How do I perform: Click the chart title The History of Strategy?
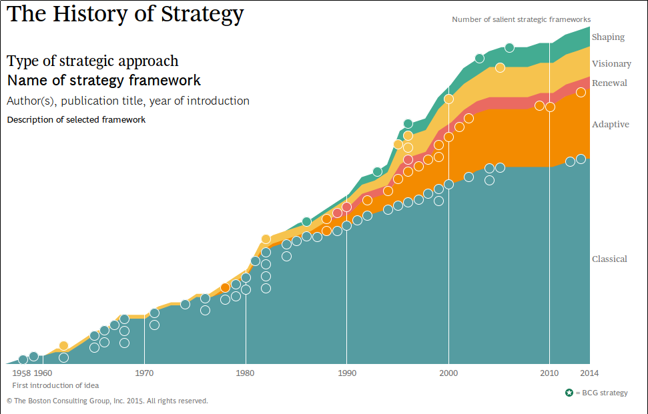(x=125, y=14)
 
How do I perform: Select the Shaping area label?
(x=608, y=37)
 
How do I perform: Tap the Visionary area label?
(x=611, y=64)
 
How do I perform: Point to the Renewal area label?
(x=609, y=83)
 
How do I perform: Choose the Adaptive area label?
(x=610, y=125)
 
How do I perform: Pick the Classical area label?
(x=609, y=259)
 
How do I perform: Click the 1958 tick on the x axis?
(x=21, y=373)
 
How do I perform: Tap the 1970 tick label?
(x=144, y=373)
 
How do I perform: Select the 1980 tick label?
(x=246, y=373)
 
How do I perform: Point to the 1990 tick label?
(x=346, y=373)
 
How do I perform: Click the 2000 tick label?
(x=448, y=373)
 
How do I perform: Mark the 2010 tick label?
(x=549, y=373)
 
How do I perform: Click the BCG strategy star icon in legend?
(x=569, y=393)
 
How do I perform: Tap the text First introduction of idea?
(x=56, y=385)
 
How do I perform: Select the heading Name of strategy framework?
(x=103, y=81)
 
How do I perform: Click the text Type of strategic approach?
(x=93, y=61)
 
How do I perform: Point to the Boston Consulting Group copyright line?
(x=107, y=401)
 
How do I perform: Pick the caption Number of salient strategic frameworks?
(x=521, y=20)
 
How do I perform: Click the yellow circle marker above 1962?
(x=63, y=345)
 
